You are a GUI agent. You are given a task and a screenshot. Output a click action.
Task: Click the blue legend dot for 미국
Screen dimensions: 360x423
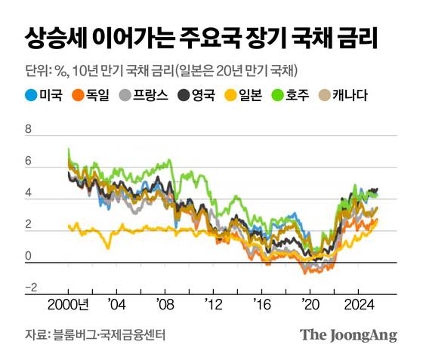32,96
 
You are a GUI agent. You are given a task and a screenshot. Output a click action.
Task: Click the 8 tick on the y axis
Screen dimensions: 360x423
29,130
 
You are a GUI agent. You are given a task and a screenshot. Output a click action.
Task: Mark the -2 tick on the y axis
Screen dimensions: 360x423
31,288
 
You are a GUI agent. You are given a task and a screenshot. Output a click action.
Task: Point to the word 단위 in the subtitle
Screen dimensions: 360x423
36,71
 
